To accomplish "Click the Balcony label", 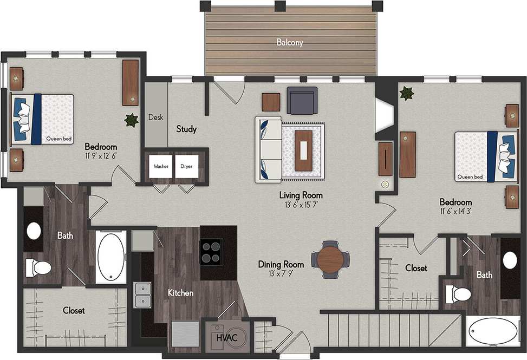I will click(x=290, y=42).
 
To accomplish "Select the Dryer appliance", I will click(x=186, y=167).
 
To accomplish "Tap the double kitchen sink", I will click(x=143, y=294).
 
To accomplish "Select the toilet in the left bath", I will click(x=39, y=267).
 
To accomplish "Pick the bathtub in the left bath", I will click(x=111, y=257).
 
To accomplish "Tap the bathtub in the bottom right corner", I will click(x=494, y=331).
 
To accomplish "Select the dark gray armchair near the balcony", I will click(x=302, y=101).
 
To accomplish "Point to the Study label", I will click(x=186, y=129).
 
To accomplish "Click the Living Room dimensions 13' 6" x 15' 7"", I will click(x=301, y=205).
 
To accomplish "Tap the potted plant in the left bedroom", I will click(x=131, y=120).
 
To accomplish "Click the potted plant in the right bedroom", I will click(x=406, y=94).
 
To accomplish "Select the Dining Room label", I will click(x=281, y=264).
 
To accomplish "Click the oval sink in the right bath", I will click(x=510, y=260).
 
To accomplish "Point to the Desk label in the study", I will click(x=155, y=117).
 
